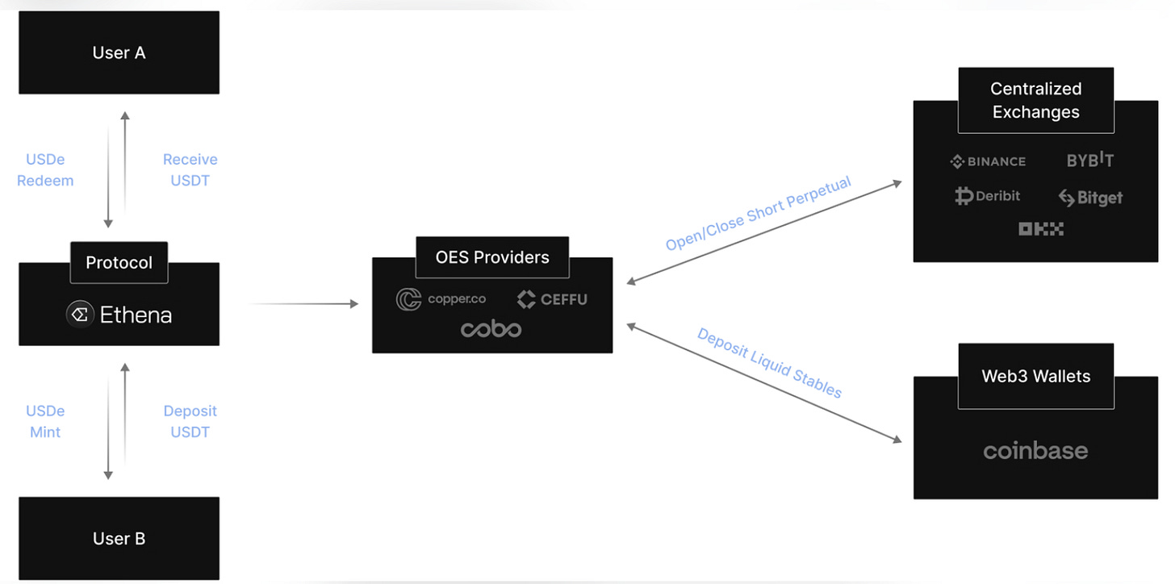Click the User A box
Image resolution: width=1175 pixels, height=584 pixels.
pyautogui.click(x=119, y=52)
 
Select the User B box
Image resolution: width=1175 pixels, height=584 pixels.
pyautogui.click(x=119, y=538)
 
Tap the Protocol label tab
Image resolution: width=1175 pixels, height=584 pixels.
pyautogui.click(x=119, y=263)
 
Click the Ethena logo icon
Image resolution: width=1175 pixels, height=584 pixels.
pyautogui.click(x=80, y=315)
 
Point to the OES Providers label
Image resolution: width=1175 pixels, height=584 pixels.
pyautogui.click(x=491, y=257)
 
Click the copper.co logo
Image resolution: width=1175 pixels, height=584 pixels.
pyautogui.click(x=441, y=299)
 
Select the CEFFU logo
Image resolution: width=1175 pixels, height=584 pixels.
pyautogui.click(x=552, y=299)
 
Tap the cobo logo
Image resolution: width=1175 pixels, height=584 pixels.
pyautogui.click(x=491, y=329)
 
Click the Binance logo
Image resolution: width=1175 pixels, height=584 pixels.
pyautogui.click(x=988, y=161)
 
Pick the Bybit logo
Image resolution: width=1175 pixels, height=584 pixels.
pyautogui.click(x=1089, y=160)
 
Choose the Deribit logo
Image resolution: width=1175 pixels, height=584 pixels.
pyautogui.click(x=988, y=196)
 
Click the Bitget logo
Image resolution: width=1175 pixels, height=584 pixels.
pyautogui.click(x=1090, y=198)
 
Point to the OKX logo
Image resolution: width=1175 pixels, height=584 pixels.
pyautogui.click(x=1040, y=229)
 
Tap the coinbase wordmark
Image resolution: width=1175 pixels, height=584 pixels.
pyautogui.click(x=1035, y=451)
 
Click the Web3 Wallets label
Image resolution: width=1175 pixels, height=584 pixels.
pyautogui.click(x=1035, y=376)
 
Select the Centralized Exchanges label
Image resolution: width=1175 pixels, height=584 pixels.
pyautogui.click(x=1035, y=100)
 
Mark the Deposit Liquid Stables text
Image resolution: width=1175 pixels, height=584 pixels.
pyautogui.click(x=769, y=363)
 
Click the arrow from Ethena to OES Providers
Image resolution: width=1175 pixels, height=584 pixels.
pyautogui.click(x=303, y=304)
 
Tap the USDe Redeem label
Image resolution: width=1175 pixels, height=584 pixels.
pyautogui.click(x=45, y=170)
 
